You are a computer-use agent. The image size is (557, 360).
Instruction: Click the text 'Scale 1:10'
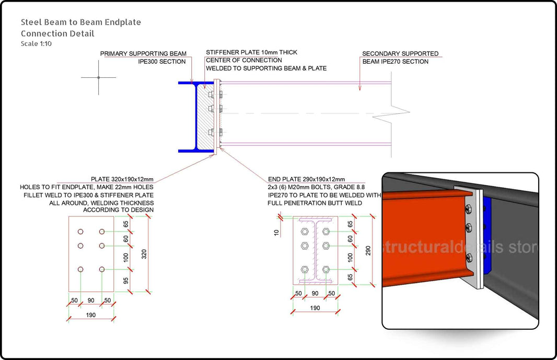(36, 43)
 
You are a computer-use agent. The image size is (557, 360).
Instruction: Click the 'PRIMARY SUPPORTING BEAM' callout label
(143, 54)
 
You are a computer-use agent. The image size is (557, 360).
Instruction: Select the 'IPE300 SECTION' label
(161, 62)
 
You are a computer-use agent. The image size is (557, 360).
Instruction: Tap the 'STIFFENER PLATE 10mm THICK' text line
(251, 52)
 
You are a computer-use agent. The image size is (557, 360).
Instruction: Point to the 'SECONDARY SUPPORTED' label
(400, 54)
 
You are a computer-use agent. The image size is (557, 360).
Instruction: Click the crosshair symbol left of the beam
(99, 77)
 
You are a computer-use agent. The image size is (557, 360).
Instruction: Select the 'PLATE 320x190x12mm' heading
(122, 179)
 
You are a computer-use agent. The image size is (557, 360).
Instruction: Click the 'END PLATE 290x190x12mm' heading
(306, 179)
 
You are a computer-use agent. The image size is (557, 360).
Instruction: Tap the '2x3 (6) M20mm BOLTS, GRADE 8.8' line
(316, 187)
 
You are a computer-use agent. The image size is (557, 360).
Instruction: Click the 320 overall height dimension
(144, 254)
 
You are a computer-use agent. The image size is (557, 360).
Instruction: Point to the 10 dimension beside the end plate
(277, 231)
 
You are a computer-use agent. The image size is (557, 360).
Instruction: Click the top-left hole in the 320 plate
(80, 231)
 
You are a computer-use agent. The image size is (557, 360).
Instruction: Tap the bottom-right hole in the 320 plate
(101, 269)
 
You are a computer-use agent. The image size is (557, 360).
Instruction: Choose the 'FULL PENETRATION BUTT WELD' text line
(315, 203)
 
